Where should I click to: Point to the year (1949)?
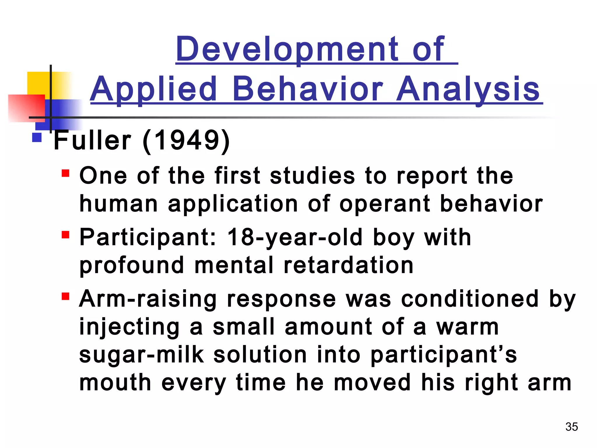(x=186, y=141)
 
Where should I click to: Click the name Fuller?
(x=92, y=141)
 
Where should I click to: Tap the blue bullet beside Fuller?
(x=37, y=137)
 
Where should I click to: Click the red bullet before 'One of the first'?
(x=66, y=173)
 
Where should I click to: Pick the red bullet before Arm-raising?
(x=66, y=296)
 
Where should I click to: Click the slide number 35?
(x=571, y=427)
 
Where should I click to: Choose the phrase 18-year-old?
(x=295, y=237)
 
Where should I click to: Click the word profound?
(x=132, y=265)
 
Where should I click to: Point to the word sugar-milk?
(x=141, y=355)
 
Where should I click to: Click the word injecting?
(x=129, y=327)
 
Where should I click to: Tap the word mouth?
(x=115, y=383)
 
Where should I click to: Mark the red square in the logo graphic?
(x=25, y=108)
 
